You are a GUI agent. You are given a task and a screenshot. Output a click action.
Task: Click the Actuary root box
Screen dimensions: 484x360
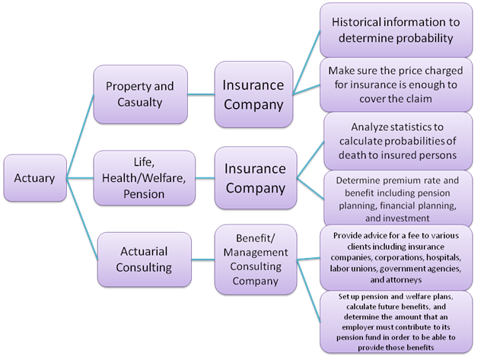tap(35, 178)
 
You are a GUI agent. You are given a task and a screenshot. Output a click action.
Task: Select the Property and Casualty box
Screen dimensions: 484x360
tap(141, 94)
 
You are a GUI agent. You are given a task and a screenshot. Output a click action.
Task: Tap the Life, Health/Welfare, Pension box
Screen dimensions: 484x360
tap(144, 178)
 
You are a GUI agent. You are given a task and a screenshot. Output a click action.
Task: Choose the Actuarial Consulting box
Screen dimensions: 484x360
tap(145, 260)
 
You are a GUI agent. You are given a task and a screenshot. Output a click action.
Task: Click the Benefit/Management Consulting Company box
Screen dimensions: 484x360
tap(256, 260)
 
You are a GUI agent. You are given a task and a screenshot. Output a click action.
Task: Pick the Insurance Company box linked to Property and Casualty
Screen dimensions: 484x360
tap(253, 94)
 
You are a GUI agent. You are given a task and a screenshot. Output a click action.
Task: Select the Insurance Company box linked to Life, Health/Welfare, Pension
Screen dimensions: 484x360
tap(256, 178)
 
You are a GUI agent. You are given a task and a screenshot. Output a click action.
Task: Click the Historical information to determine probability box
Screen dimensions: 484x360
tap(396, 30)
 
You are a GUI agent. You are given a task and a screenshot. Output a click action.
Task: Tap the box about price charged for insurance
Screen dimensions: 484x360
tap(396, 84)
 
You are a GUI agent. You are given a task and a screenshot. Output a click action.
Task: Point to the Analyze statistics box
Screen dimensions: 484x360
tap(398, 141)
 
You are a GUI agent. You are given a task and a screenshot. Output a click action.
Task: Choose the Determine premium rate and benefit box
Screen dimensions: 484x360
tap(398, 199)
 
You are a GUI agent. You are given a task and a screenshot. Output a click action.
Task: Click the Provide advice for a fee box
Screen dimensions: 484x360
tap(396, 257)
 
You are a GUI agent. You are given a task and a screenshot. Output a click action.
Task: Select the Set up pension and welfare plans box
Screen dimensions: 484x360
tap(396, 322)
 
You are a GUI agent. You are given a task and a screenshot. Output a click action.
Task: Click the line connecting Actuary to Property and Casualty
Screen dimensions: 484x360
tap(80, 136)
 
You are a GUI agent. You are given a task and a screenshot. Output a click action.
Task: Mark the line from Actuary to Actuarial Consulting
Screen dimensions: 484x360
tap(82, 218)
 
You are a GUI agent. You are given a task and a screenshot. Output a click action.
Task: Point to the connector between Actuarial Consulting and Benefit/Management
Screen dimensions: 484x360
tap(203, 260)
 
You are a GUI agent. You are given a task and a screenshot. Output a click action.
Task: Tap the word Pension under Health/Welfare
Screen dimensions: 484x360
tap(144, 194)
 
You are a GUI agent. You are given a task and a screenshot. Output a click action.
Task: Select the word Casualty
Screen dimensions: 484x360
tap(140, 103)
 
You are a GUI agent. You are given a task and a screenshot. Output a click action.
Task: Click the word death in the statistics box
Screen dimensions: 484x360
tap(351, 155)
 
